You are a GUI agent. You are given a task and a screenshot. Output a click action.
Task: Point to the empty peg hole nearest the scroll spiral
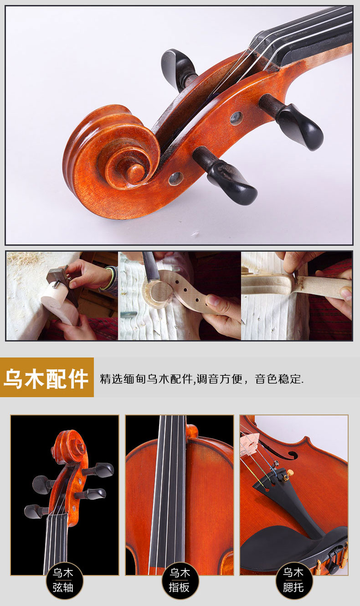176,179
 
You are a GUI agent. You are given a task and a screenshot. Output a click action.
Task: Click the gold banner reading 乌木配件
47,378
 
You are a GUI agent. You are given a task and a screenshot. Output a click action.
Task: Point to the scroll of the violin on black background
69,447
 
